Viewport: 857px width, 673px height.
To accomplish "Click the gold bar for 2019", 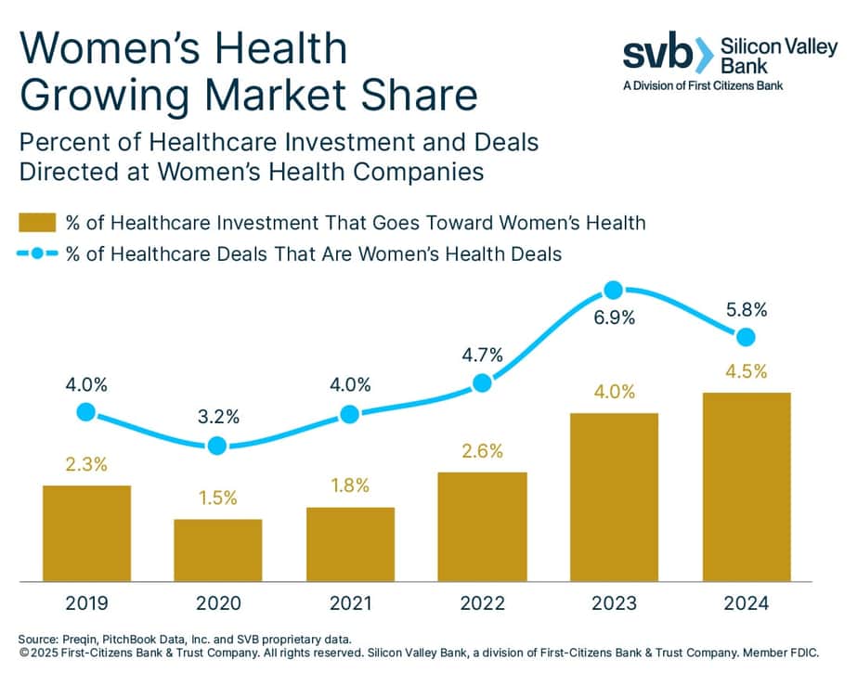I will [86, 533].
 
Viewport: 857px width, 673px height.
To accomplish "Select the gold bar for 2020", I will [217, 550].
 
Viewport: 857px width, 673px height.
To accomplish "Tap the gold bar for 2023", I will [614, 498].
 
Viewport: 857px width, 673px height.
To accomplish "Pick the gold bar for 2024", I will [746, 487].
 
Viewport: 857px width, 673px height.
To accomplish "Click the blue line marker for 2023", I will [613, 291].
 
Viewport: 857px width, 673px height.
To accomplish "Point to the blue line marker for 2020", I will [217, 446].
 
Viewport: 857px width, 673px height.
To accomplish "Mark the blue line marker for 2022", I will [481, 382].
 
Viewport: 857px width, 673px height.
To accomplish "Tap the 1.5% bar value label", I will [217, 498].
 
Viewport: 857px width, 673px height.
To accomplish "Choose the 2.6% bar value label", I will [481, 451].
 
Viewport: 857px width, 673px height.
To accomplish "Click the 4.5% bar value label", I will [746, 371].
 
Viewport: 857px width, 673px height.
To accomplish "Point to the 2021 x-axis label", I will [349, 604].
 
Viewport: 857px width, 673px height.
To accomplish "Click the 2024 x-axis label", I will [746, 604].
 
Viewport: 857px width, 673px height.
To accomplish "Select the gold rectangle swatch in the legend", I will [36, 222].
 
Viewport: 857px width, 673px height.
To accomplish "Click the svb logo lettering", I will [656, 55].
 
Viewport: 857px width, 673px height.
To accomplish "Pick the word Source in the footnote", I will [40, 639].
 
